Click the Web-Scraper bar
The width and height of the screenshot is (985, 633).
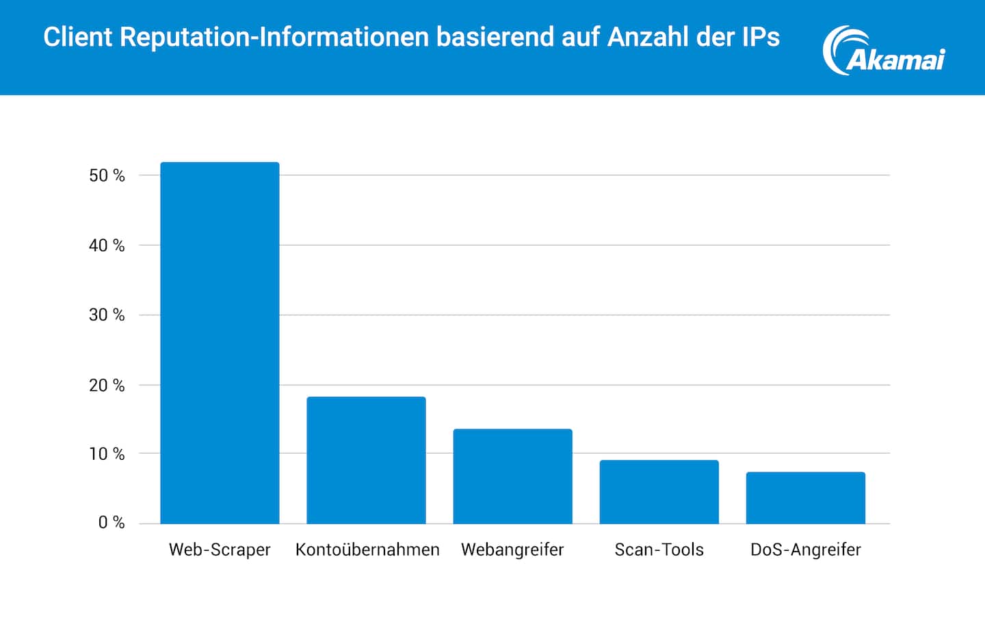coord(220,343)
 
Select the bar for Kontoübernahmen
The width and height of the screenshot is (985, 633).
coord(366,460)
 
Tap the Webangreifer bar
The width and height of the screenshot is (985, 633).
coord(512,476)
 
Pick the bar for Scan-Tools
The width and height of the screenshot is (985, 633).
coord(659,491)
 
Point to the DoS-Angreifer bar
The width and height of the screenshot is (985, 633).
coord(805,498)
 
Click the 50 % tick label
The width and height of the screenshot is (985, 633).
coord(107,176)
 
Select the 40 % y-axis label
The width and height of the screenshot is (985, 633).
coord(107,246)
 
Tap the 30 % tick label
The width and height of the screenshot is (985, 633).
coord(107,315)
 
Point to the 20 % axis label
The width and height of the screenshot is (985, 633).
coord(107,386)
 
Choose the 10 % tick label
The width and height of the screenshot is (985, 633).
coord(107,454)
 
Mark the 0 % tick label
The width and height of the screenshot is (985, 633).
coord(111,524)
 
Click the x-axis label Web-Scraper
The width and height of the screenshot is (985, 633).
coord(220,550)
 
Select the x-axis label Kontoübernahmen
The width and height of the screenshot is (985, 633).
coord(367,550)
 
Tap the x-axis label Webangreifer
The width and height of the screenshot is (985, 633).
coord(512,550)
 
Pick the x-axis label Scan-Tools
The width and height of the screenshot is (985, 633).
coord(659,550)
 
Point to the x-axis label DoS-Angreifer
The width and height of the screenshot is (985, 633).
coord(805,550)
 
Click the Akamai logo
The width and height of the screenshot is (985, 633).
coord(884,51)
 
